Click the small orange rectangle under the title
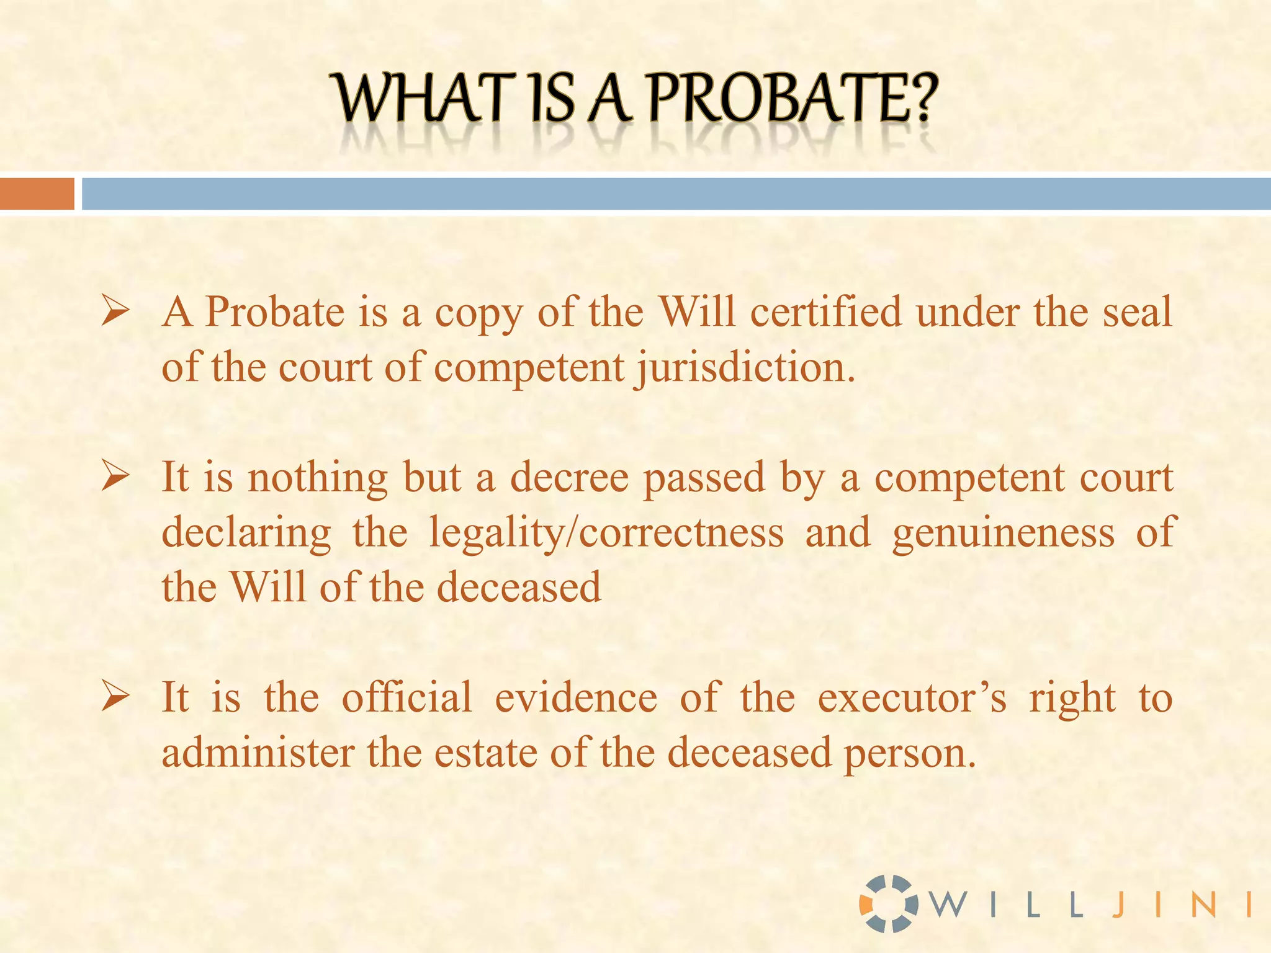pos(37,194)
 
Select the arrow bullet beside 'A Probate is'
pos(116,311)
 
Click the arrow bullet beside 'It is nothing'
pos(116,478)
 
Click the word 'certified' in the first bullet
pos(825,311)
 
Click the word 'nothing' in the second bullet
pos(318,478)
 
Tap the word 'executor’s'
pos(912,698)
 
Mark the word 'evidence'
pos(575,698)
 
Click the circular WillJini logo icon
pos(888,903)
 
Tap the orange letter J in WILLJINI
pos(1118,905)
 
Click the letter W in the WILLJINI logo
pos(950,905)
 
